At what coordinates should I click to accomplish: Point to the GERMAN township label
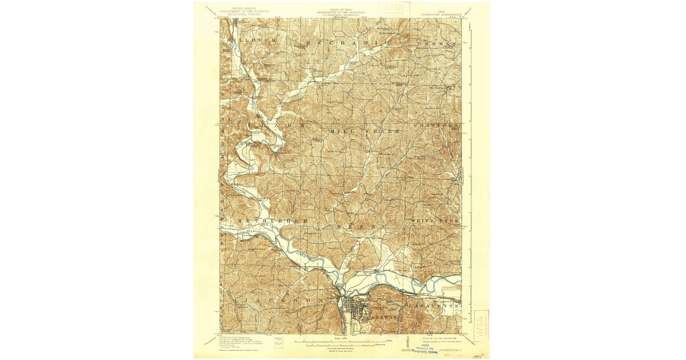438,43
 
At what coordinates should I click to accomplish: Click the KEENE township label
361,227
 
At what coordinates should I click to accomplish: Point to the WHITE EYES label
434,220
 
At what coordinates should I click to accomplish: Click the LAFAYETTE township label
434,307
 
